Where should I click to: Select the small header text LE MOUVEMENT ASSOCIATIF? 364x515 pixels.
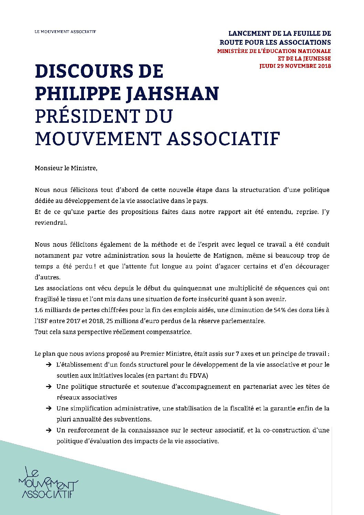point(65,32)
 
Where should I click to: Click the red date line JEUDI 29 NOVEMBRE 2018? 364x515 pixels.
point(295,66)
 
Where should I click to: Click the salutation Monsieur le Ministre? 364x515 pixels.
point(66,168)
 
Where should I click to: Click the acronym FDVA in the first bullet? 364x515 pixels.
point(199,375)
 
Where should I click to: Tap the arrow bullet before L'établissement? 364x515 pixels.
point(49,364)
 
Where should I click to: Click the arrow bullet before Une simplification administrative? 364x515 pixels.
point(49,408)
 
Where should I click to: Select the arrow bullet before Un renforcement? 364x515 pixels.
point(49,430)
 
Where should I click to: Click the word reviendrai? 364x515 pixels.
point(51,223)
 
